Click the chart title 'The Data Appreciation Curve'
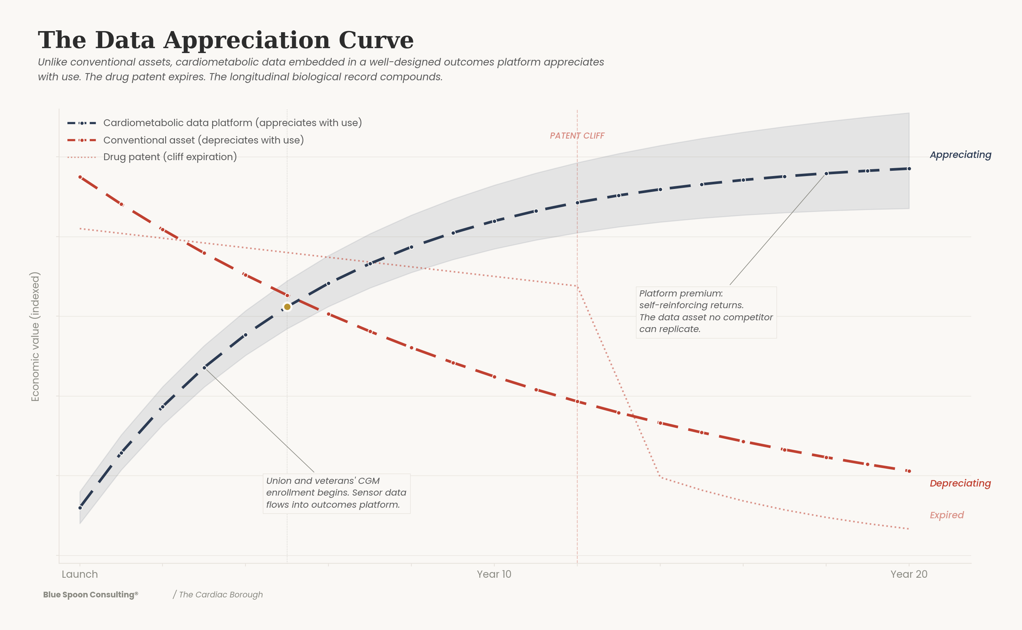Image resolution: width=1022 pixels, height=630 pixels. coord(226,40)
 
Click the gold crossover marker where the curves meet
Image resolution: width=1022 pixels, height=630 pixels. coord(287,307)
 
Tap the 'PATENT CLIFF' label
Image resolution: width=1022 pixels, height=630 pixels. coord(577,136)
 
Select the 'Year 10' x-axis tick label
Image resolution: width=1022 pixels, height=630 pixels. coord(494,574)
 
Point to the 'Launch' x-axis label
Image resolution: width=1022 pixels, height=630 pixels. coord(80,574)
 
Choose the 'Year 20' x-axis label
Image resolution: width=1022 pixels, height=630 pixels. coord(909,574)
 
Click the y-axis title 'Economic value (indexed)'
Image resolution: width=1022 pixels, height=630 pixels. coord(36,337)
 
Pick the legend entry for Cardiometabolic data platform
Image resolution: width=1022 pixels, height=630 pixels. coord(232,123)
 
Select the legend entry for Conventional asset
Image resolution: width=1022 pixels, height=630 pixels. coord(204,140)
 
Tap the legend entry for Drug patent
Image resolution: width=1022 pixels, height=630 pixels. coord(170,157)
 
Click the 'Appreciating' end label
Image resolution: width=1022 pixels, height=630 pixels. coord(960,154)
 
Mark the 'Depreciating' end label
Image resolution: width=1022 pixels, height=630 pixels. coord(960,483)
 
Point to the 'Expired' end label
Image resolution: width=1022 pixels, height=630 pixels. coord(946,515)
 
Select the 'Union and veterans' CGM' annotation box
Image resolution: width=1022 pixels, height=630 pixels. coord(336,493)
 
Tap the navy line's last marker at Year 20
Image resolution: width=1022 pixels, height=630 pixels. coord(909,169)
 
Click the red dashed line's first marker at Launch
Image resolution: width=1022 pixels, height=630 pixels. coord(80,177)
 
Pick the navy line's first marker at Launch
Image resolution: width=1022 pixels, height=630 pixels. coord(80,508)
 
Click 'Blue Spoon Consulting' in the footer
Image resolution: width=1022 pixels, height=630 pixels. coord(90,594)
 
